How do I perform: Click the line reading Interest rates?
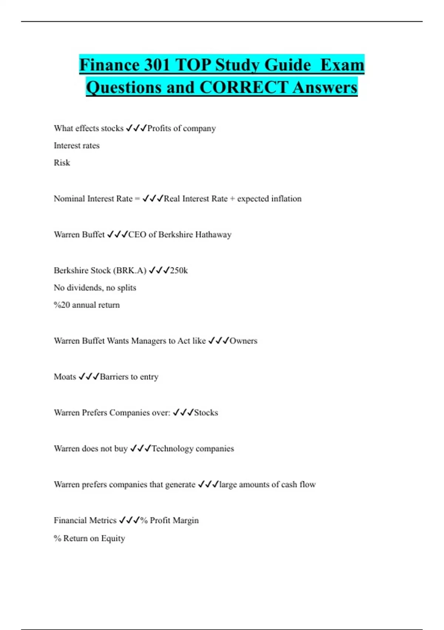[x=77, y=146]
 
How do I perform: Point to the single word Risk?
[x=62, y=163]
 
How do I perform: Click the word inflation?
[x=286, y=199]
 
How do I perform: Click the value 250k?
[x=179, y=271]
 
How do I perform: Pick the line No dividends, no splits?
[x=95, y=288]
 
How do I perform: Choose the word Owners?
[x=243, y=341]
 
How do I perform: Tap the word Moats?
[x=65, y=377]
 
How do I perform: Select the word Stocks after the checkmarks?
[x=206, y=413]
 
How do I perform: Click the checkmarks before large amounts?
[x=208, y=484]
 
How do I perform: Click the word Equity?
[x=113, y=538]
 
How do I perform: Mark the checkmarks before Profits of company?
[x=136, y=128]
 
